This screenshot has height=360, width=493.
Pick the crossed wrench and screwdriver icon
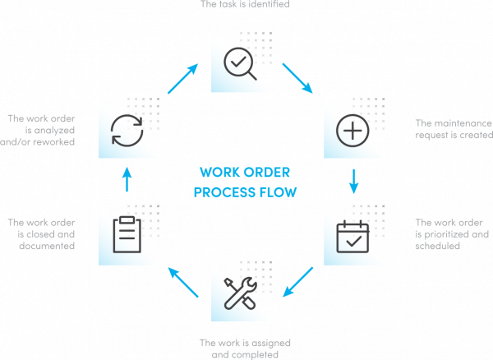point(242,291)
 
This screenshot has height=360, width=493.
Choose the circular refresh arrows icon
point(128,129)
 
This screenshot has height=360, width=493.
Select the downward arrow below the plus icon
point(354,180)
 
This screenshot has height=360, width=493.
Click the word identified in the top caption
point(271,4)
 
